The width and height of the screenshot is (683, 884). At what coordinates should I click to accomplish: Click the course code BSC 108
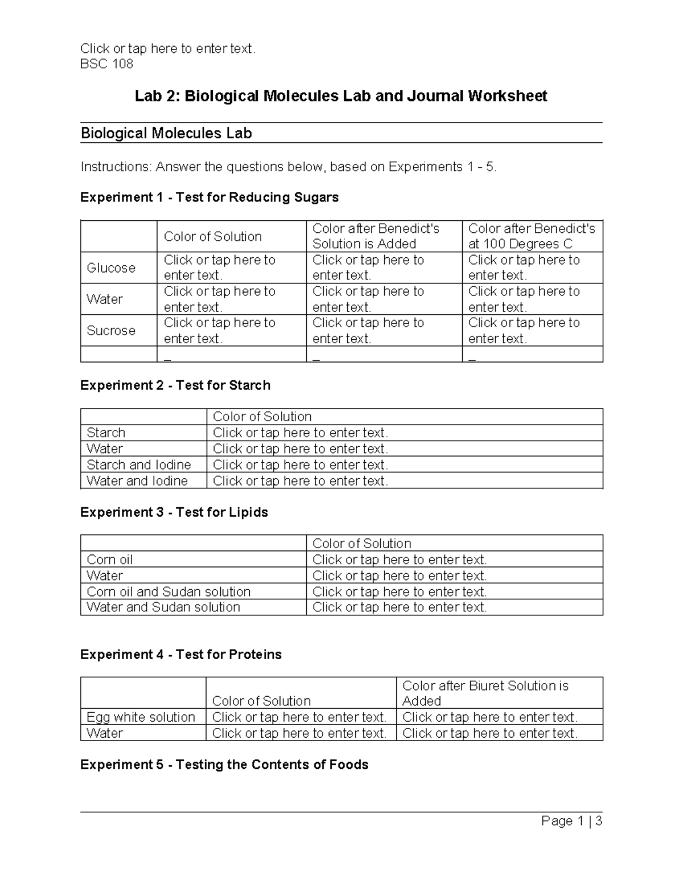pos(106,64)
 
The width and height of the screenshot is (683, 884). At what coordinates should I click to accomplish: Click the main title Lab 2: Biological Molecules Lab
pos(340,96)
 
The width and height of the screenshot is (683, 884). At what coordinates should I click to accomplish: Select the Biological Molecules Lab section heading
pos(166,133)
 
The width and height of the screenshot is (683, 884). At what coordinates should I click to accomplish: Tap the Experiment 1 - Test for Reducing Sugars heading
pos(209,197)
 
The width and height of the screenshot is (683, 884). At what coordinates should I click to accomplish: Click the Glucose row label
pos(111,268)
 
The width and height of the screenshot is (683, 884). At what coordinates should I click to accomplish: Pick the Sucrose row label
pos(111,330)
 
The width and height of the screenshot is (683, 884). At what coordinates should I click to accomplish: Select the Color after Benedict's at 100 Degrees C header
pos(532,236)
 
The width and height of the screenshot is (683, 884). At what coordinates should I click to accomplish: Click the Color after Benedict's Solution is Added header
pos(376,236)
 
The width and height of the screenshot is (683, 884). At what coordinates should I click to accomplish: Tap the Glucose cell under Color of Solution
pos(220,268)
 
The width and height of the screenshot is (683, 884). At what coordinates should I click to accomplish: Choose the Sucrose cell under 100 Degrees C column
pos(524,330)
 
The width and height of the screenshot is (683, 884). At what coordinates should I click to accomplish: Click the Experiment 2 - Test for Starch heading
pos(175,385)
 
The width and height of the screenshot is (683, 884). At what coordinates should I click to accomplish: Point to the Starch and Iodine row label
pos(139,464)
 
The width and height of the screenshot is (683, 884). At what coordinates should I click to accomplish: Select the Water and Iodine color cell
pos(301,481)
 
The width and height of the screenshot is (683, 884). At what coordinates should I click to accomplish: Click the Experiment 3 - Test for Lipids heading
pos(174,512)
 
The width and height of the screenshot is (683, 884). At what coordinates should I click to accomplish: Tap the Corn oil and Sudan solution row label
pos(168,591)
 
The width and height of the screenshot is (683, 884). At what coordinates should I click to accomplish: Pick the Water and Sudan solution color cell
pos(400,607)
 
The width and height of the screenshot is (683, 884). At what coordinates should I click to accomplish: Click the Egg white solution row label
pos(141,717)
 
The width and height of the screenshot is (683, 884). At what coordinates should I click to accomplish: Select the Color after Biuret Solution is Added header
pos(485,693)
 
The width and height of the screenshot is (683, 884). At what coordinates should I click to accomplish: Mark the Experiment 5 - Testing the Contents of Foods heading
pos(224,764)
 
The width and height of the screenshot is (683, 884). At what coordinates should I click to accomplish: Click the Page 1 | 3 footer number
pos(571,821)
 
